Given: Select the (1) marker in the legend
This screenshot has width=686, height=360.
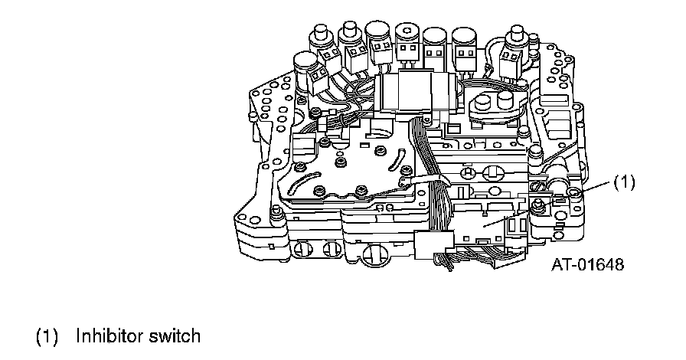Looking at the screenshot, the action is (x=48, y=335).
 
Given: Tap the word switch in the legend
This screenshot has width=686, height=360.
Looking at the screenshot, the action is (x=176, y=335).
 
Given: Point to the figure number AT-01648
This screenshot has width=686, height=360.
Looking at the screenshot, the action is (x=587, y=265).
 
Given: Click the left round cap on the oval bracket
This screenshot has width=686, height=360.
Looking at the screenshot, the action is (x=483, y=103).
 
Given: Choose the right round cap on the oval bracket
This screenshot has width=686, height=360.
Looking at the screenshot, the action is (x=505, y=100).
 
